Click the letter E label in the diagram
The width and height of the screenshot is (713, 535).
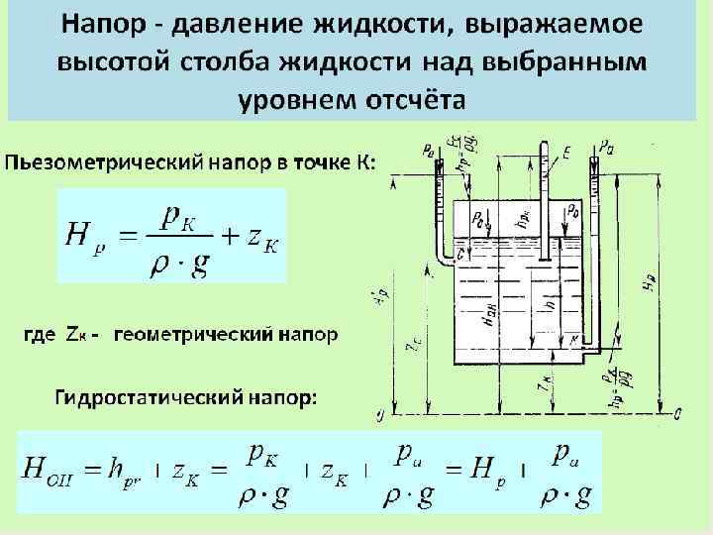point(564,151)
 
